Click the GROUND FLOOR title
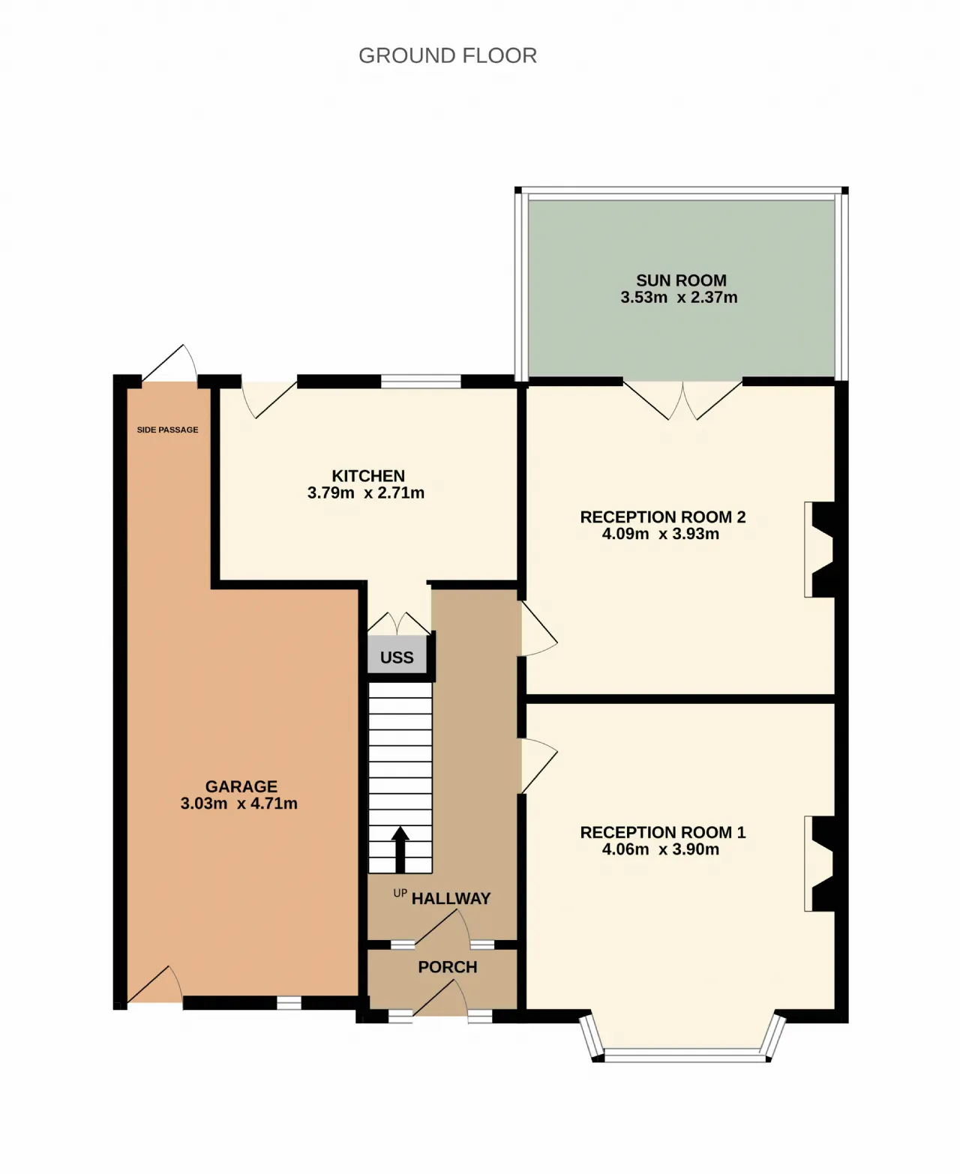coord(447,55)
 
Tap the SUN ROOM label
coord(681,280)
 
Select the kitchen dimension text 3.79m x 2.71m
coord(366,493)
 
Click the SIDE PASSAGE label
coord(167,430)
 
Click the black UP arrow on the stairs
coord(400,849)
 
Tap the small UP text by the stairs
coord(400,893)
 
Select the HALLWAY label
coord(451,898)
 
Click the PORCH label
coord(448,967)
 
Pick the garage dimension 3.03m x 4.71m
coord(239,803)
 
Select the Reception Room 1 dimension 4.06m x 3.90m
coord(661,849)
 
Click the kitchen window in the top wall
coord(421,382)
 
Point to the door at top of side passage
coord(169,364)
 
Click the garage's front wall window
coord(289,1002)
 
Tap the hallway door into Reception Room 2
coord(538,628)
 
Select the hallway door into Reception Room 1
coord(538,765)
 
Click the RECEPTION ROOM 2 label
coord(663,517)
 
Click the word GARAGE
coord(241,786)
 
